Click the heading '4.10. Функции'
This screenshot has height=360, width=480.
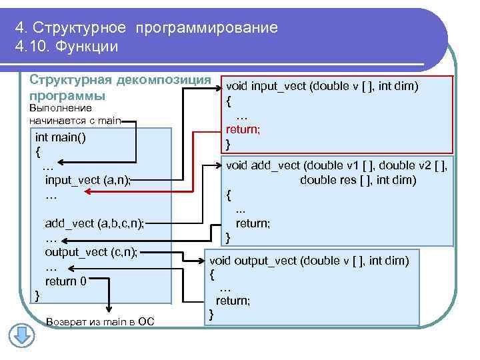tap(66, 47)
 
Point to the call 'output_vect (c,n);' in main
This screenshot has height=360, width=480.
tap(90, 251)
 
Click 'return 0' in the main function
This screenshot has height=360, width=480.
tap(65, 281)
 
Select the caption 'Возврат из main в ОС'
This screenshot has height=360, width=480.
tap(100, 322)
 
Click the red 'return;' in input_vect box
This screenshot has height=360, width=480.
tap(243, 129)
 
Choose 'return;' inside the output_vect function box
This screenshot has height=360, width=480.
tap(233, 301)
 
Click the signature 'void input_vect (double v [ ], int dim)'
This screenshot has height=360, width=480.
tap(322, 86)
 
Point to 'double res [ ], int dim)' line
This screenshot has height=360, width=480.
tap(358, 180)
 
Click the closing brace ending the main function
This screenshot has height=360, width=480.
tap(37, 294)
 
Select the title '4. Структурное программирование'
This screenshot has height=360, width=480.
tap(146, 28)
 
